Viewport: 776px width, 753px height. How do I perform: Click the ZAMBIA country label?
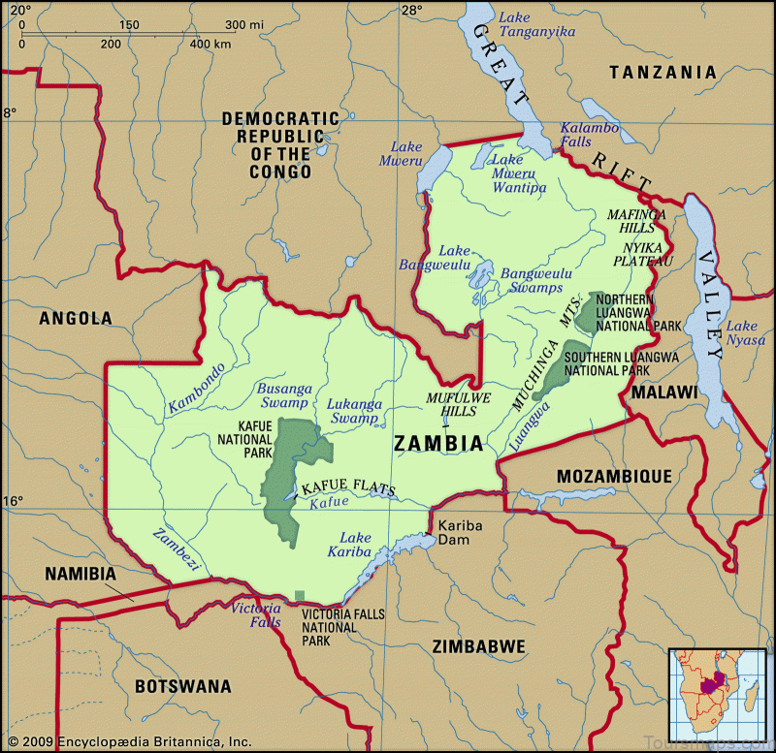[438, 444]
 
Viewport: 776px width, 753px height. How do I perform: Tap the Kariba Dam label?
[460, 533]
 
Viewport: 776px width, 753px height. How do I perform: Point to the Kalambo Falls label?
[589, 136]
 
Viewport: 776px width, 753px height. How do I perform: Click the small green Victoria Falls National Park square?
[300, 595]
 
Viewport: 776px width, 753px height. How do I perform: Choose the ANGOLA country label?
[76, 318]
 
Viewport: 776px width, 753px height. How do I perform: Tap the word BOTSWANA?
[183, 686]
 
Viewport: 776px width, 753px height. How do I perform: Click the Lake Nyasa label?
[746, 332]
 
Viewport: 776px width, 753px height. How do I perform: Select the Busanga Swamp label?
[282, 395]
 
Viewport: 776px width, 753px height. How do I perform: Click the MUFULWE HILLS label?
[452, 404]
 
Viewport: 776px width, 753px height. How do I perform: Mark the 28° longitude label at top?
[412, 11]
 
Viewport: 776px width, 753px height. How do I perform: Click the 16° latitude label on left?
[12, 501]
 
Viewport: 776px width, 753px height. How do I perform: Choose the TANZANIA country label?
[663, 72]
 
